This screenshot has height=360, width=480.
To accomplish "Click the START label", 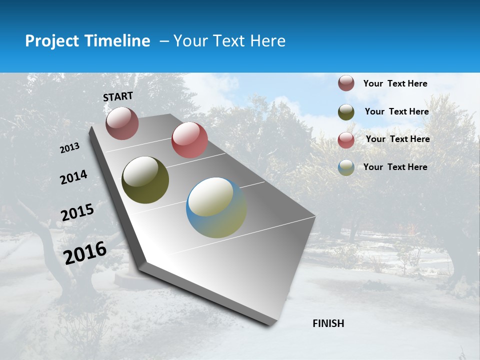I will point(118,96).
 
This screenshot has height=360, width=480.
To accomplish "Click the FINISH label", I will point(328,323).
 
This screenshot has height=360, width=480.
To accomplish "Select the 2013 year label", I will point(70,148).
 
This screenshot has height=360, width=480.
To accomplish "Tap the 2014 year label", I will point(73,177).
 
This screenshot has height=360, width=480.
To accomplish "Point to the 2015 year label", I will point(77,212).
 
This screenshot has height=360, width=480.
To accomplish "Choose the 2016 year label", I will point(85,252).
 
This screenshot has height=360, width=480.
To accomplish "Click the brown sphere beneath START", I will point(122,123).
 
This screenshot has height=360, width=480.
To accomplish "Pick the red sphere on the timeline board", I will point(189,140).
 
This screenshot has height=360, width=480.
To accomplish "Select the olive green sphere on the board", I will point(145,180).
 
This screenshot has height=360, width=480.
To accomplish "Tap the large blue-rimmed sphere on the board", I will point(216,207).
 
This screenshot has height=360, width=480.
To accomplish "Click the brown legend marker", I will point(346,83).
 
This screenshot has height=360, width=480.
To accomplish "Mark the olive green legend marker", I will point(346,112).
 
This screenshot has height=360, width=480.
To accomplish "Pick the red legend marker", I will point(346,140).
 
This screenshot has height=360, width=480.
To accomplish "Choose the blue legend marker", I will point(346,167).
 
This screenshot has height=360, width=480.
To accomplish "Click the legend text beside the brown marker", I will point(395,83).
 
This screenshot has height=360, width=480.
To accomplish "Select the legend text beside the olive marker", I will point(396,111).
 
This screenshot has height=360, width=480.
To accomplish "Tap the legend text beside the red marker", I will point(397,139).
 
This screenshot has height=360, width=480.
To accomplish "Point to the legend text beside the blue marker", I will point(395,167).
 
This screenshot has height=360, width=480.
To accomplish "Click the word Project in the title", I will point(52,41).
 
